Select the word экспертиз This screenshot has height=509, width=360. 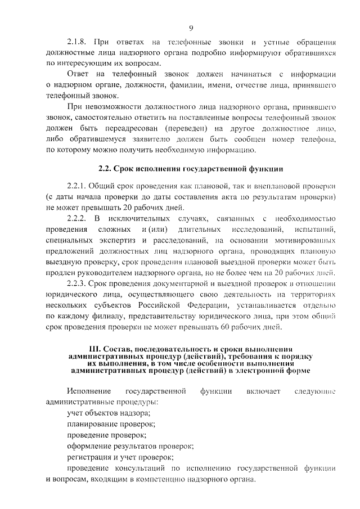[x=115, y=240]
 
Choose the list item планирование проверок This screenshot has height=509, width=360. [x=110, y=424]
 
